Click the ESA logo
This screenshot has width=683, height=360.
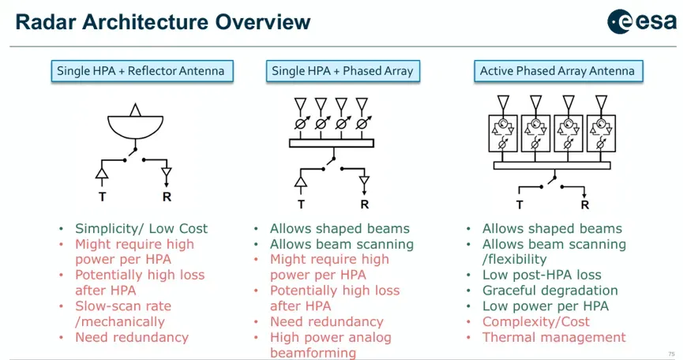(x=642, y=21)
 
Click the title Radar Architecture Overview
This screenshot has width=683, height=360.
(x=163, y=22)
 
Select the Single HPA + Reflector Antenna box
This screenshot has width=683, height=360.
(x=142, y=71)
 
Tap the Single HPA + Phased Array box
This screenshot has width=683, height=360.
(x=343, y=71)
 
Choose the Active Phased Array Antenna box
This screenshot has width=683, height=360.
(x=558, y=71)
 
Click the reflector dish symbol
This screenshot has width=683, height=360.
(x=136, y=126)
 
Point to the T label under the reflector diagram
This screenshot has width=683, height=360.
(x=103, y=197)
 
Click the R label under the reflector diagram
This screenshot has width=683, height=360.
(x=167, y=197)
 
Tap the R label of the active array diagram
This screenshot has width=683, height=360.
(x=584, y=204)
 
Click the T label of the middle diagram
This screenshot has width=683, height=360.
(x=301, y=204)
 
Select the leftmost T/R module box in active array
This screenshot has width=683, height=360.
(x=503, y=133)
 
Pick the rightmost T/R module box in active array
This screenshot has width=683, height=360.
(x=601, y=133)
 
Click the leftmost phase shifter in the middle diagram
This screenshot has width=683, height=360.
(x=301, y=123)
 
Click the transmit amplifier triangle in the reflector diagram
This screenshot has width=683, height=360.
(x=102, y=173)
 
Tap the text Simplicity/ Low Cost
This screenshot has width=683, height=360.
(x=141, y=228)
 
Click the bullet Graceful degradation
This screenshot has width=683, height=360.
(x=550, y=291)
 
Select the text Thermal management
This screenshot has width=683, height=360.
(x=554, y=337)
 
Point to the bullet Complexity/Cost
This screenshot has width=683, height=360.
(x=536, y=321)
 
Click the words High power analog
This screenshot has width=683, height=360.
(x=331, y=337)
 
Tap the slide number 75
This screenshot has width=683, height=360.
(x=671, y=354)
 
